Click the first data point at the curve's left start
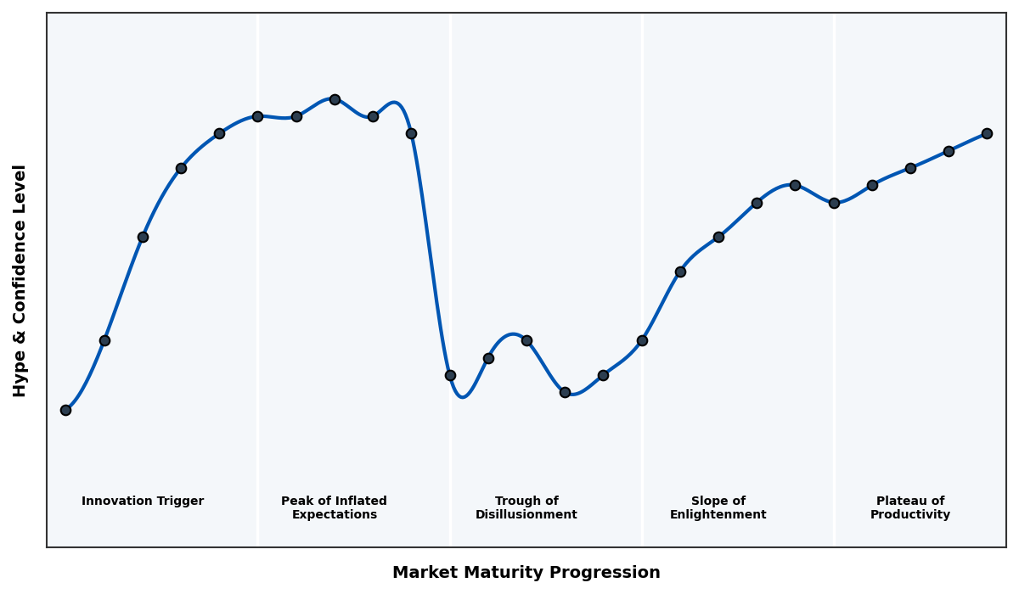[x=65, y=410]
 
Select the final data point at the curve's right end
[x=987, y=133]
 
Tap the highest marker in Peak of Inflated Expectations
[x=335, y=99]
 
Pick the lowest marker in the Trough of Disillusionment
[x=565, y=392]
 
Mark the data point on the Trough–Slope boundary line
[x=642, y=340]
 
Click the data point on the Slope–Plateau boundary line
[x=834, y=203]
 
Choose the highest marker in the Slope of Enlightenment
[x=795, y=185]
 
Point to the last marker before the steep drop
[x=411, y=133]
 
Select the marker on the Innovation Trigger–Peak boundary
[x=257, y=116]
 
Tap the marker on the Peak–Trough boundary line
[x=450, y=375]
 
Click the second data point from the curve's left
[x=104, y=340]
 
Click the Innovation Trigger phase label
[x=143, y=502]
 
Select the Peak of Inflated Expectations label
[x=334, y=508]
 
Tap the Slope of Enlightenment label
[x=718, y=508]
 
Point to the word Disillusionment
[x=526, y=515]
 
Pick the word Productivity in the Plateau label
[x=909, y=515]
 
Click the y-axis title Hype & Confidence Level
[x=20, y=280]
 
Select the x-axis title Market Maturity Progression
[x=526, y=573]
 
